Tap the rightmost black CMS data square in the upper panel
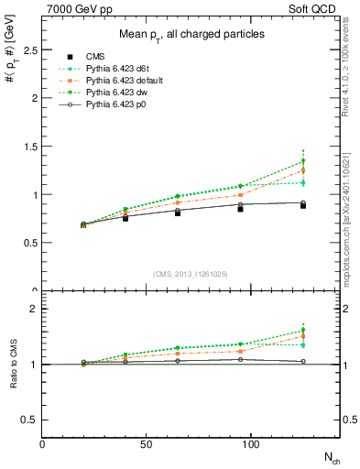click(303, 205)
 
